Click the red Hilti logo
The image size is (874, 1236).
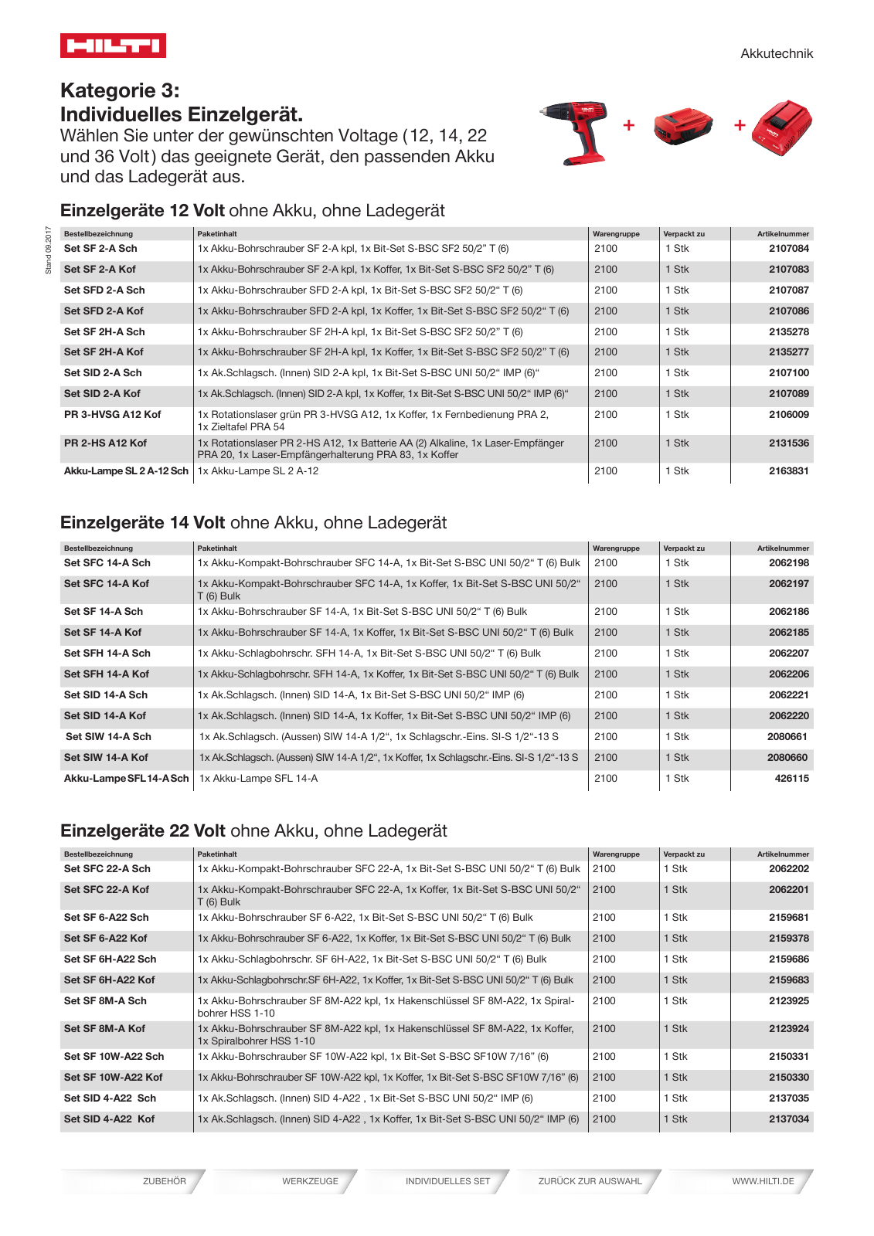(113, 46)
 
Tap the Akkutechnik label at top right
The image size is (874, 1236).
(776, 53)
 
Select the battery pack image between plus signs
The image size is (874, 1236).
(683, 127)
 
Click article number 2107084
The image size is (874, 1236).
(788, 249)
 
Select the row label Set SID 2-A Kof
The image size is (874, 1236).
(102, 394)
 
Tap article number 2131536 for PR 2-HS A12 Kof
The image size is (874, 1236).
(788, 443)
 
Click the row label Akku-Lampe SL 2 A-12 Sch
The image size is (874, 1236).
(126, 471)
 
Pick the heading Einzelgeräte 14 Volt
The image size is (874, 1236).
(143, 523)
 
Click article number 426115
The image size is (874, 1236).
(791, 779)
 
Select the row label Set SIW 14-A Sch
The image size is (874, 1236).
(108, 737)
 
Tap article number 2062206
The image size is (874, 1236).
(788, 674)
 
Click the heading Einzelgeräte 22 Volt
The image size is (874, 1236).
(143, 831)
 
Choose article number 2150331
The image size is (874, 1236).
(788, 1057)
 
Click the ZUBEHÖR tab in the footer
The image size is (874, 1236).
(164, 1181)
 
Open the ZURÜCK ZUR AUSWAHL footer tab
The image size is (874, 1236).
(590, 1181)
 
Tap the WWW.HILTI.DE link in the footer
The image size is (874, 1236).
(763, 1181)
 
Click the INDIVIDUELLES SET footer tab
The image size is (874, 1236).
(447, 1181)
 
